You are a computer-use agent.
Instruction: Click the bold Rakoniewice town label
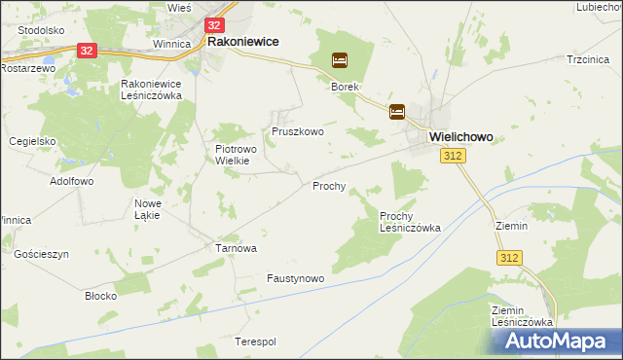click(242, 42)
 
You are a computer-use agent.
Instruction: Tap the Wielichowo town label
click(467, 138)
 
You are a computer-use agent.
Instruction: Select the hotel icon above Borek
click(339, 60)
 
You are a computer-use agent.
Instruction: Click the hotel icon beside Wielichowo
click(397, 112)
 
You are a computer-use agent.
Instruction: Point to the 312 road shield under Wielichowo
click(451, 157)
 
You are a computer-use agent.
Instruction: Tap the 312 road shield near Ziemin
click(509, 257)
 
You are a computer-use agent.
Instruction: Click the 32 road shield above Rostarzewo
click(87, 51)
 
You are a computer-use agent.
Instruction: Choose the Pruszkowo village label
click(297, 130)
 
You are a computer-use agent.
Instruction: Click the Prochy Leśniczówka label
click(409, 222)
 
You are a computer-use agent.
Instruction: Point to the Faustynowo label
click(295, 278)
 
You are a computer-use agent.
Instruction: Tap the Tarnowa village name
click(236, 248)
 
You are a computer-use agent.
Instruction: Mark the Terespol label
click(256, 342)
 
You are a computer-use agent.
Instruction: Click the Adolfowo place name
click(71, 181)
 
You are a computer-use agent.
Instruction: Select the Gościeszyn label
click(42, 254)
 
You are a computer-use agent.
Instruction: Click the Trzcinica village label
click(587, 60)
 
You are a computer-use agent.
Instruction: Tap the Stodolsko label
click(41, 30)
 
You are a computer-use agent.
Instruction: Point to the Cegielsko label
click(33, 140)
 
